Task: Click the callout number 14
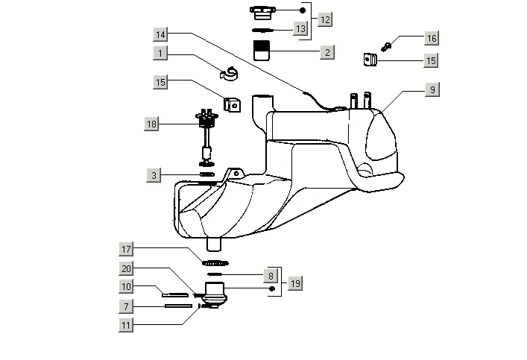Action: [162, 34]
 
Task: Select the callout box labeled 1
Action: [162, 53]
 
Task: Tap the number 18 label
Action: [151, 124]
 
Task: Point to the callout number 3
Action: [154, 175]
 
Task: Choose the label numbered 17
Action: [127, 248]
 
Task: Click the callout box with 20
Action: [127, 268]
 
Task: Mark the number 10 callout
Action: [127, 286]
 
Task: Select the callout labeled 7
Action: [127, 306]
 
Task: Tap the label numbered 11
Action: [127, 325]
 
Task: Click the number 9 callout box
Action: [432, 89]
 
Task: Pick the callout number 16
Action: [432, 38]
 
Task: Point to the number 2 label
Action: [326, 52]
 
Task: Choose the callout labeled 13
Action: [300, 29]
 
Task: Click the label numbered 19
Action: [295, 283]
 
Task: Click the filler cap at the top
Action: [262, 11]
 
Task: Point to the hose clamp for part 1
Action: [231, 73]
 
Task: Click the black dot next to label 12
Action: [303, 10]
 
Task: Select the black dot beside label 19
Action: [272, 288]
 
